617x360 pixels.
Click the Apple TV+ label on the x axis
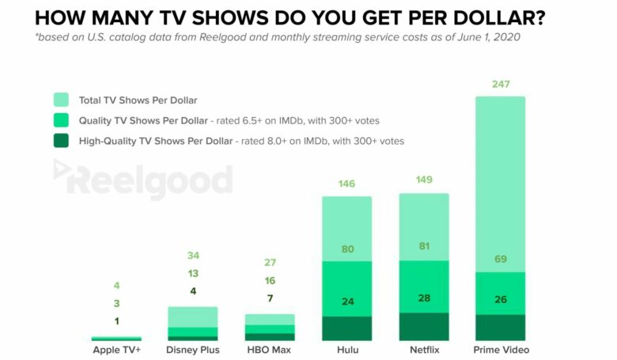pyautogui.click(x=116, y=349)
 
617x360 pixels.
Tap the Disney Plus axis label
pyautogui.click(x=193, y=349)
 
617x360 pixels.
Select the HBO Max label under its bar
pyautogui.click(x=269, y=349)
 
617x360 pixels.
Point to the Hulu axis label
pyautogui.click(x=346, y=349)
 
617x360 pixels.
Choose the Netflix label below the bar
pyautogui.click(x=423, y=349)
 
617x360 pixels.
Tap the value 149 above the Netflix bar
pyautogui.click(x=423, y=180)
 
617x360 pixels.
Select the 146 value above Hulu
pyautogui.click(x=346, y=183)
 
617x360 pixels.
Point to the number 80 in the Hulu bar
pyautogui.click(x=346, y=249)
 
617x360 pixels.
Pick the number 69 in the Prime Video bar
pyautogui.click(x=500, y=260)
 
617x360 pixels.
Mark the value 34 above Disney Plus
pyautogui.click(x=193, y=256)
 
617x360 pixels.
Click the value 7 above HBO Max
pyautogui.click(x=270, y=298)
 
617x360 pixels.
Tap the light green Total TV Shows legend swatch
pyautogui.click(x=62, y=100)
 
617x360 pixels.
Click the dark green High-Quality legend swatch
pyautogui.click(x=62, y=141)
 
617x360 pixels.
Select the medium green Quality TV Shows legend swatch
pyautogui.click(x=62, y=120)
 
